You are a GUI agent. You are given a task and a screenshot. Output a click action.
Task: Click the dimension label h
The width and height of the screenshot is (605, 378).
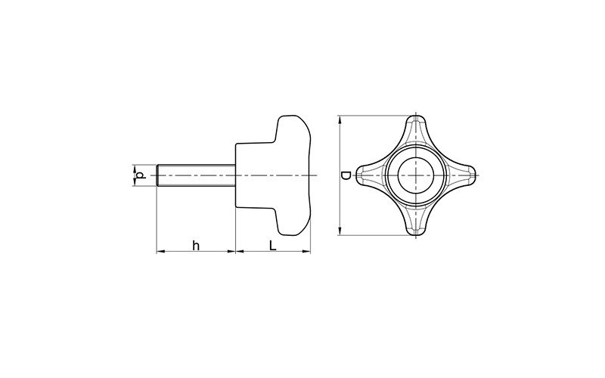pyautogui.click(x=196, y=245)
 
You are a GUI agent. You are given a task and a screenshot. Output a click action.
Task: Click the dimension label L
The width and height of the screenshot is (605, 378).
pyautogui.click(x=273, y=245)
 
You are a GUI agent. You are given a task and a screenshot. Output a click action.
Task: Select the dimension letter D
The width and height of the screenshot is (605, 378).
pyautogui.click(x=346, y=175)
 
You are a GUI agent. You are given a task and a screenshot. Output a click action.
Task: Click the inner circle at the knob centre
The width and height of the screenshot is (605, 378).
pyautogui.click(x=417, y=175)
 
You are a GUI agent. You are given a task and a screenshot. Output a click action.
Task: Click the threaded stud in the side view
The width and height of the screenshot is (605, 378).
pyautogui.click(x=196, y=175)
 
